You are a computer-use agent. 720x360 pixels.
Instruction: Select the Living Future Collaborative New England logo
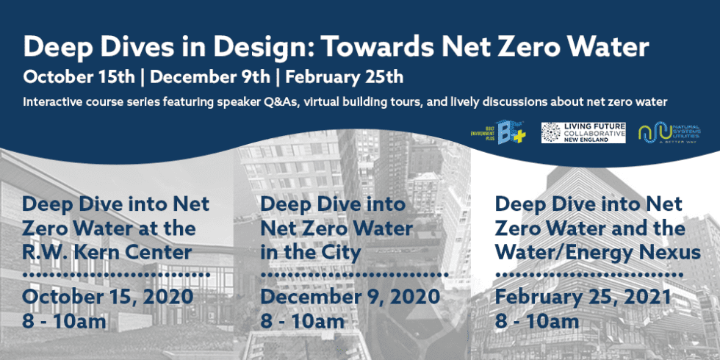tap(583, 132)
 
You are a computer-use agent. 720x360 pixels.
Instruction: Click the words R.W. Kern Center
tap(107, 253)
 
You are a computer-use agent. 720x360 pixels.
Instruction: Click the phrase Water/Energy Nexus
tap(598, 253)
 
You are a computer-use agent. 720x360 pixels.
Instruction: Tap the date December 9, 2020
tap(350, 297)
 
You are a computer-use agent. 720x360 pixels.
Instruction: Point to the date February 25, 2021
tap(583, 297)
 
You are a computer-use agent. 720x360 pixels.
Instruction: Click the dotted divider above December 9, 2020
tap(350, 276)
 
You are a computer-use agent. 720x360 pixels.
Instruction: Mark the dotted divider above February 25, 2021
tap(588, 276)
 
